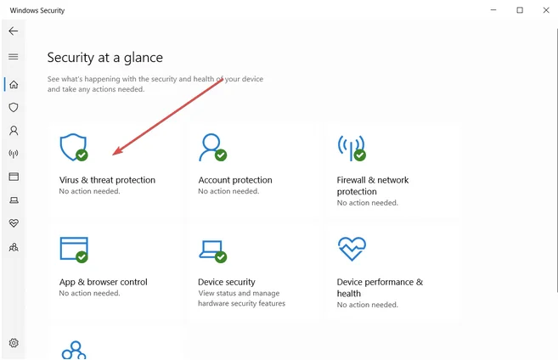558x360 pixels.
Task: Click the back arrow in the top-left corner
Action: point(13,31)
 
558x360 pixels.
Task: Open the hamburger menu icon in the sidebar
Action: point(13,57)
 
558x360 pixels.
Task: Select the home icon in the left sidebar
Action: point(14,84)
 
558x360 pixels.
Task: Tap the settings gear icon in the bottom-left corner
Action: point(14,343)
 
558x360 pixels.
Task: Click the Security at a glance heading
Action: point(104,58)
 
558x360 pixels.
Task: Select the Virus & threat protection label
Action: point(107,180)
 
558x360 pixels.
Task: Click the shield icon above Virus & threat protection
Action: point(72,147)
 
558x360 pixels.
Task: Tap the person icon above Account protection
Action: point(210,147)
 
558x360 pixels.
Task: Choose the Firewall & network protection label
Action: point(373,185)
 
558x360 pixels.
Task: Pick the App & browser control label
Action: point(103,282)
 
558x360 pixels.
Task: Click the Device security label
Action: point(227,282)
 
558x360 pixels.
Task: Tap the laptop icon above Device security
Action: point(211,249)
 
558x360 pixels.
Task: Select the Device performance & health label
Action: point(379,287)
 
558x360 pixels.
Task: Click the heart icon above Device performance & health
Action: point(350,249)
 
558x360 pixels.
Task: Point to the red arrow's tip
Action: point(114,155)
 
